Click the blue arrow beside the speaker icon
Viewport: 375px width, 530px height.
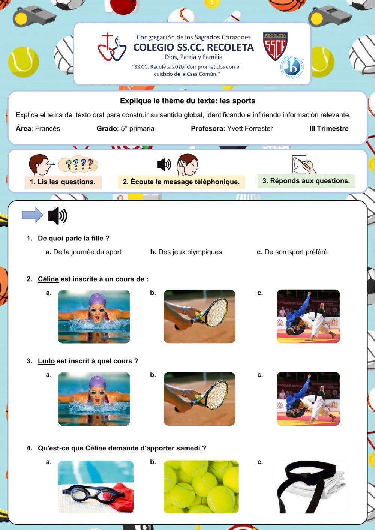point(33,215)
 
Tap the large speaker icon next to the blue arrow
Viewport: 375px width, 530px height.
point(57,216)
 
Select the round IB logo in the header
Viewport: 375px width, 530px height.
point(292,68)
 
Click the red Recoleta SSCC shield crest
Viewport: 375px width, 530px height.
point(275,46)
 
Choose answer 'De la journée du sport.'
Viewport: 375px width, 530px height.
point(88,252)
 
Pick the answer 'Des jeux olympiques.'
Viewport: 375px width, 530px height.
point(191,252)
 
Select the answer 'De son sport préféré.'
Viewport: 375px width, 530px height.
point(297,252)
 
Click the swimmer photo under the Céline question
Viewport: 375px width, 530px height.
point(94,316)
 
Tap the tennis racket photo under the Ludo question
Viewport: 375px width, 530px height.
point(199,399)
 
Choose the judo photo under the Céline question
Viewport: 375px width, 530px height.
point(308,316)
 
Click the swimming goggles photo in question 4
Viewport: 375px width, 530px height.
point(96,487)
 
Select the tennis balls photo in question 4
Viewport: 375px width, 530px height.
point(201,487)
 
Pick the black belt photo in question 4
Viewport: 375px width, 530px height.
point(310,487)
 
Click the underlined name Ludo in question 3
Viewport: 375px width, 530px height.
point(46,361)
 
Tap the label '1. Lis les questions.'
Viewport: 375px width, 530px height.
point(63,182)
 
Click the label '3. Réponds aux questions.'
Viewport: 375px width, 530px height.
point(306,181)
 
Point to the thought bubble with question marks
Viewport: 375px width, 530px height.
point(78,164)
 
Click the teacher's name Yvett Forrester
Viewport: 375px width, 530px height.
point(250,129)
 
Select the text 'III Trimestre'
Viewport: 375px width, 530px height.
point(329,129)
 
